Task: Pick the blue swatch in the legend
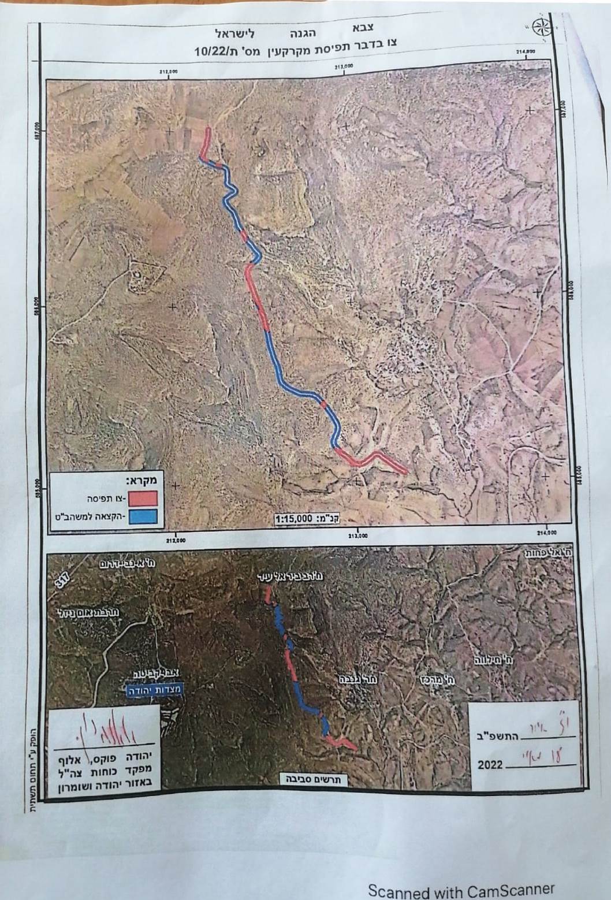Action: (143, 516)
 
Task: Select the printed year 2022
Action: (490, 765)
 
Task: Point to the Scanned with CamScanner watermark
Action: (461, 890)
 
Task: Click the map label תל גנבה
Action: (362, 679)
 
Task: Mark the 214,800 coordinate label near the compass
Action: (526, 51)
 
